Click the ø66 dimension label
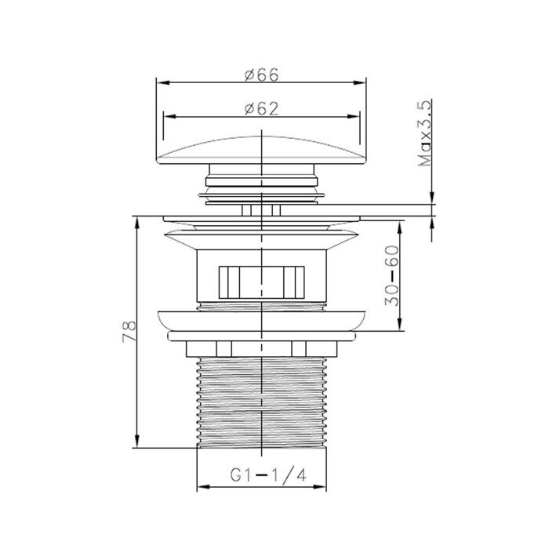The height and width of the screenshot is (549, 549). tap(261, 75)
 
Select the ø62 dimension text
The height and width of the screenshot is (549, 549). tap(261, 108)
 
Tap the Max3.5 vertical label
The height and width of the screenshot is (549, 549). tap(425, 133)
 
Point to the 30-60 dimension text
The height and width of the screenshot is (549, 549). tap(392, 275)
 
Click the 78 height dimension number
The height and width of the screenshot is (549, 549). tap(129, 331)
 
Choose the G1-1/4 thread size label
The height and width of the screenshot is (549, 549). tap(268, 475)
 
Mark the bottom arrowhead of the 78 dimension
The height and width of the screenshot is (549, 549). tap(137, 441)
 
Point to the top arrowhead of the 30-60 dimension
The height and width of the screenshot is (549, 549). tap(400, 227)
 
